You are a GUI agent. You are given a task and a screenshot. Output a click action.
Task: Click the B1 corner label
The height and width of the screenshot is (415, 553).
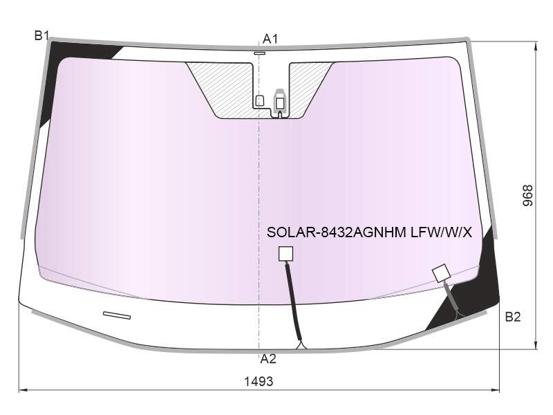[x=41, y=36]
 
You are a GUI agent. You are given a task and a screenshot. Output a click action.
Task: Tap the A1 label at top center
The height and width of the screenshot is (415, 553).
[x=270, y=39]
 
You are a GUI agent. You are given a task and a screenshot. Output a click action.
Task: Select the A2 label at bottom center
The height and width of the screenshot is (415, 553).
[x=268, y=359]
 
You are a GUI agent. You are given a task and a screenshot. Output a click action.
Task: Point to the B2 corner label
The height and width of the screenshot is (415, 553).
[x=513, y=317]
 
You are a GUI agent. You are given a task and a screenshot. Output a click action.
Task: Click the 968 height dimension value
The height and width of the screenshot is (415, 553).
[x=527, y=196]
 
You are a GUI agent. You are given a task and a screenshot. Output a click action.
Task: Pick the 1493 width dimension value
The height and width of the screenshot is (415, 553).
[x=259, y=382]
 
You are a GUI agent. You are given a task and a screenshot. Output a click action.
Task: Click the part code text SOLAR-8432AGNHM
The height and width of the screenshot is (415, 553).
[x=337, y=232]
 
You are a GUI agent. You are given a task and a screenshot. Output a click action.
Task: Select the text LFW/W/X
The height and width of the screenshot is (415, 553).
[x=441, y=232]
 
